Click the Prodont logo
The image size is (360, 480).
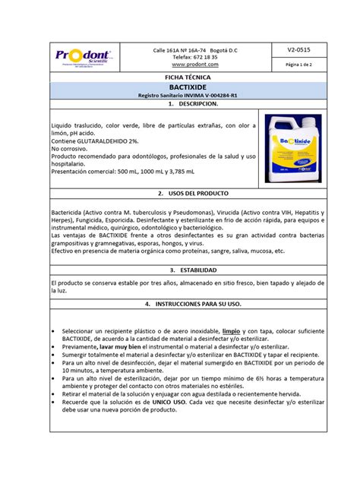pyautogui.click(x=83, y=57)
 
